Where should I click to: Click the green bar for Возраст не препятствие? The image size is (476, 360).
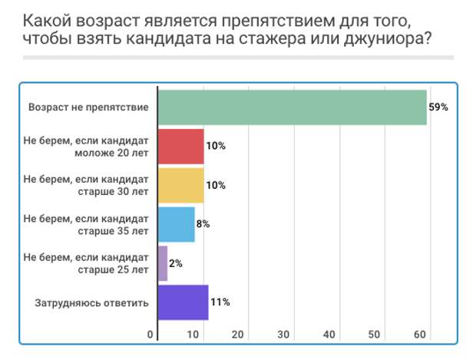pos(292,107)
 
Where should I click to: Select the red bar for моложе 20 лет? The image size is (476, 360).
pos(181,146)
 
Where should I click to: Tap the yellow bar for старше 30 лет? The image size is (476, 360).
pos(181,185)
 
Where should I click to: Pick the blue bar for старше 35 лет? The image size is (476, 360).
pos(177,224)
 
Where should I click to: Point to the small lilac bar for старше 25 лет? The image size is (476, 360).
pos(163,263)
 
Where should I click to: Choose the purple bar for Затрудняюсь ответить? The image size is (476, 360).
pos(183,302)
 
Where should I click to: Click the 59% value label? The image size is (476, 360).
pos(438,107)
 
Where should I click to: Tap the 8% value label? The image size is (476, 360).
pos(203,224)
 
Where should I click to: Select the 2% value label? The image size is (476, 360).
pos(176,263)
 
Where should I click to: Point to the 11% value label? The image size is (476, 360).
pos(220,302)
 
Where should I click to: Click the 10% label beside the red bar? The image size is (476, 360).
pos(216,146)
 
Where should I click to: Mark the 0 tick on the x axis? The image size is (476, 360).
pos(150,335)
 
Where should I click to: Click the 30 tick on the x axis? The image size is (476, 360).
pos(283,335)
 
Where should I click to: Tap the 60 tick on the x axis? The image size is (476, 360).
pos(420,335)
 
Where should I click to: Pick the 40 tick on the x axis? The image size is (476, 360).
pos(329,335)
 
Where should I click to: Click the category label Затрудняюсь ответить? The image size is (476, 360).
pos(91,302)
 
